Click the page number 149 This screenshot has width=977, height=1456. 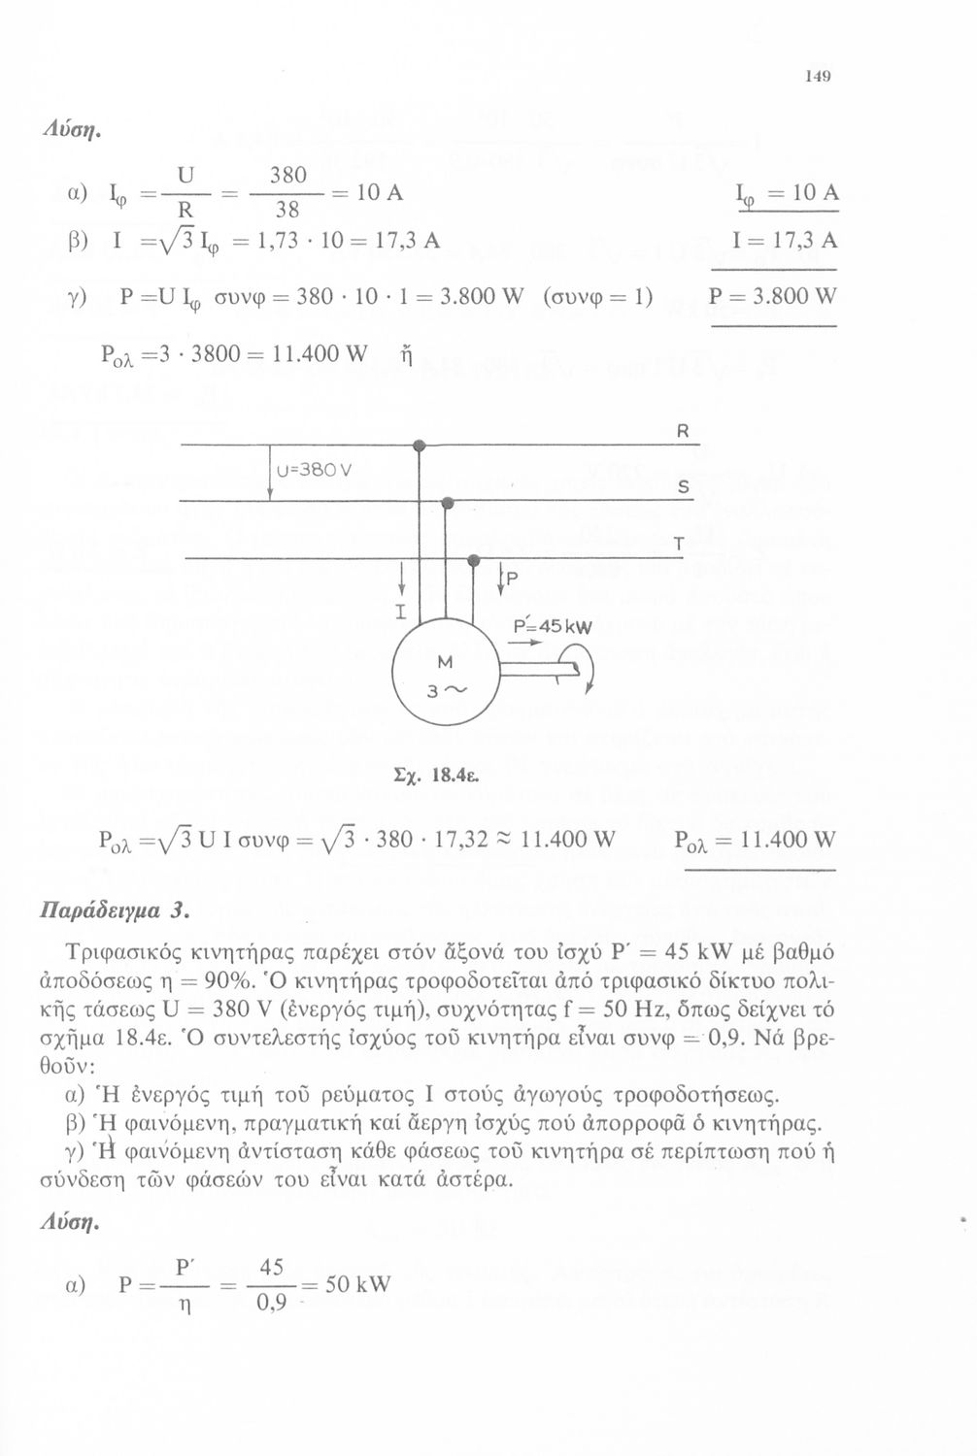click(814, 77)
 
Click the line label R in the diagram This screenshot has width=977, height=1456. click(683, 433)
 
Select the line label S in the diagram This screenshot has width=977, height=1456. click(683, 490)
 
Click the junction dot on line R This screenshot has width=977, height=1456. click(420, 446)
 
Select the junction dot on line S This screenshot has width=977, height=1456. click(448, 503)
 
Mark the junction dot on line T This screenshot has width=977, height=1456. click(474, 561)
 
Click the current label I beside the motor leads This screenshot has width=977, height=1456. click(399, 611)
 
